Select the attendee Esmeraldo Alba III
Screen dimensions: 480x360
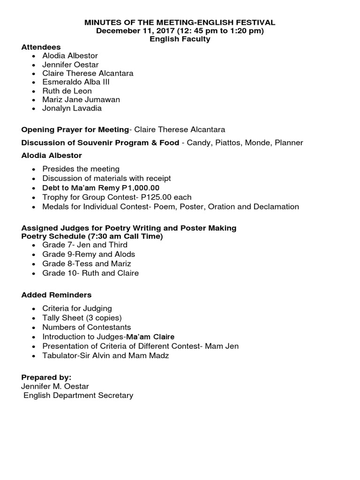pyautogui.click(x=75, y=82)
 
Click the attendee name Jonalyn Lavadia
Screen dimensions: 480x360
pyautogui.click(x=72, y=108)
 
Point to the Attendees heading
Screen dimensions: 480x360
pyautogui.click(x=41, y=47)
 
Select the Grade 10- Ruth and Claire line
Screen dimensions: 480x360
pyautogui.click(x=90, y=273)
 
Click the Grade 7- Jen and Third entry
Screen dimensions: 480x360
pyautogui.click(x=85, y=245)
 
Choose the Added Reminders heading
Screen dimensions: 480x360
pyautogui.click(x=57, y=295)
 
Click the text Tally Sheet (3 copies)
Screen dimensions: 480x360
pyautogui.click(x=75, y=318)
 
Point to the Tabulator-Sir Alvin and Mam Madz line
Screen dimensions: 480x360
pyautogui.click(x=105, y=355)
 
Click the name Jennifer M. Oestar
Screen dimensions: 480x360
pyautogui.click(x=55, y=386)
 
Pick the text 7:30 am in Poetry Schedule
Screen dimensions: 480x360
pyautogui.click(x=98, y=237)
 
